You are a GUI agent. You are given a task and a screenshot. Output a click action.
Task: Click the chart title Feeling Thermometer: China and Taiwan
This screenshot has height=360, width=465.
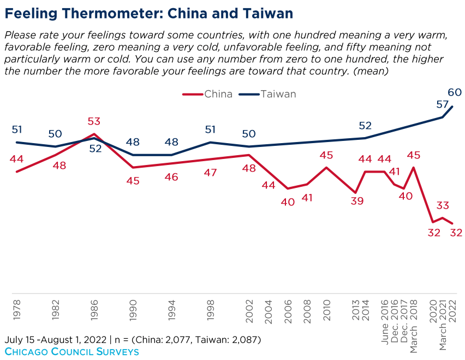click(148, 13)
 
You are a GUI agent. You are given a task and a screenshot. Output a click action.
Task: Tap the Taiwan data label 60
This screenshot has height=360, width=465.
click(455, 92)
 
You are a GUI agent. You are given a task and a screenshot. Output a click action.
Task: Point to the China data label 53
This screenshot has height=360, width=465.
click(94, 121)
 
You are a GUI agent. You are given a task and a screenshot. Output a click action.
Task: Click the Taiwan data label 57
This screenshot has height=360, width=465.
click(442, 104)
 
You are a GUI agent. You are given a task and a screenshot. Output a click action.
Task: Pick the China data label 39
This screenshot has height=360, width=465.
click(357, 200)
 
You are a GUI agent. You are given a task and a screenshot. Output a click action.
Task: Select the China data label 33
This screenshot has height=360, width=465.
click(443, 206)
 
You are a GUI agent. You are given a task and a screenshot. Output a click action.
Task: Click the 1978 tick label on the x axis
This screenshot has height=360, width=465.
click(17, 310)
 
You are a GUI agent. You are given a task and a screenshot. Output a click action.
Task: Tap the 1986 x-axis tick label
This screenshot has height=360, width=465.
click(94, 310)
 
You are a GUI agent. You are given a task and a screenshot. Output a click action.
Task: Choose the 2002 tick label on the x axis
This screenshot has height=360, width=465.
click(249, 310)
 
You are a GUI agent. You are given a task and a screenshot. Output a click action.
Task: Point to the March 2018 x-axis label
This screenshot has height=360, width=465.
click(414, 322)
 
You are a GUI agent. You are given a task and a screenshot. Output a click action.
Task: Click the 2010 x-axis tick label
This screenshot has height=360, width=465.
click(326, 310)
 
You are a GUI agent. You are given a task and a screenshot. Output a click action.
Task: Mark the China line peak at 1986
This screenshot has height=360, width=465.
click(94, 134)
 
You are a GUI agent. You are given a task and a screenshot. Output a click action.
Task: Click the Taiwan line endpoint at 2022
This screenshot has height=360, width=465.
click(452, 107)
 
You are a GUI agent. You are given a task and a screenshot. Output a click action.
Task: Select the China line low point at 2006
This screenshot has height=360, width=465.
click(288, 188)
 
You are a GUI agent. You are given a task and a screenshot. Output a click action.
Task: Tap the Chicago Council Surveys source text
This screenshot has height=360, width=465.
click(71, 351)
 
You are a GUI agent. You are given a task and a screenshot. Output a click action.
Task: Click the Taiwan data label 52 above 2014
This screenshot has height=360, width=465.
click(365, 126)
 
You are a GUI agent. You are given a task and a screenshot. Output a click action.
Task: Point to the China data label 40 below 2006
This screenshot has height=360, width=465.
click(288, 202)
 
